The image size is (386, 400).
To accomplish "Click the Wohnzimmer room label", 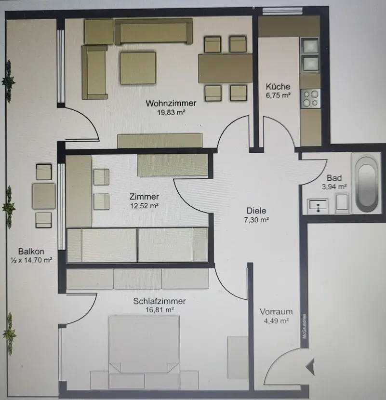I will coord(171,103).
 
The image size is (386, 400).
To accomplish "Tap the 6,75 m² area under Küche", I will coord(278,95).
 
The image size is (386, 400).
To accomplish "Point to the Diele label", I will coord(256,211).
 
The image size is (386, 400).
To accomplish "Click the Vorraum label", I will coord(276,311).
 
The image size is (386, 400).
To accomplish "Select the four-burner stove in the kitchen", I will coord(310,98).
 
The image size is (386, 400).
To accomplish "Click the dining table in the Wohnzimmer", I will coord(225,68).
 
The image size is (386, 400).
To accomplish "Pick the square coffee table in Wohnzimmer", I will coord(138,68).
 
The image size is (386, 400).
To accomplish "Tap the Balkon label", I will coord(31,251).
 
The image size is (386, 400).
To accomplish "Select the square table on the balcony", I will coord(44,196).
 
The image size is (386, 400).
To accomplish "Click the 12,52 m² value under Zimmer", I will coord(144,205).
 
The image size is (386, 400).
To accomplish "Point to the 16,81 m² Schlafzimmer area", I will coord(160,310).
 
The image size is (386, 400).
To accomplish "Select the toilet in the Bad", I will coord(343,203).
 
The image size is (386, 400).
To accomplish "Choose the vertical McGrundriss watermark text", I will coord(304,327).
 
